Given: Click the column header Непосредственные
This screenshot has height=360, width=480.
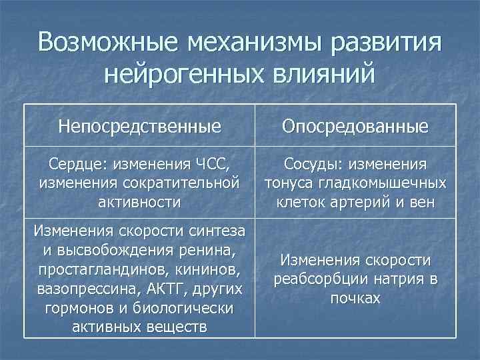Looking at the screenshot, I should pyautogui.click(x=139, y=126).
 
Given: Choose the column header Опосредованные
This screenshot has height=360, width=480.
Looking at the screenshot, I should pyautogui.click(x=355, y=126).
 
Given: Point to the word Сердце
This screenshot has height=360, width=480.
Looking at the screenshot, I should pyautogui.click(x=69, y=163).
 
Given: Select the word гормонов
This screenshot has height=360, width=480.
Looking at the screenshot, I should pyautogui.click(x=77, y=309).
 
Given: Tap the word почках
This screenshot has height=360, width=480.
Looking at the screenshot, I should pyautogui.click(x=355, y=297).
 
